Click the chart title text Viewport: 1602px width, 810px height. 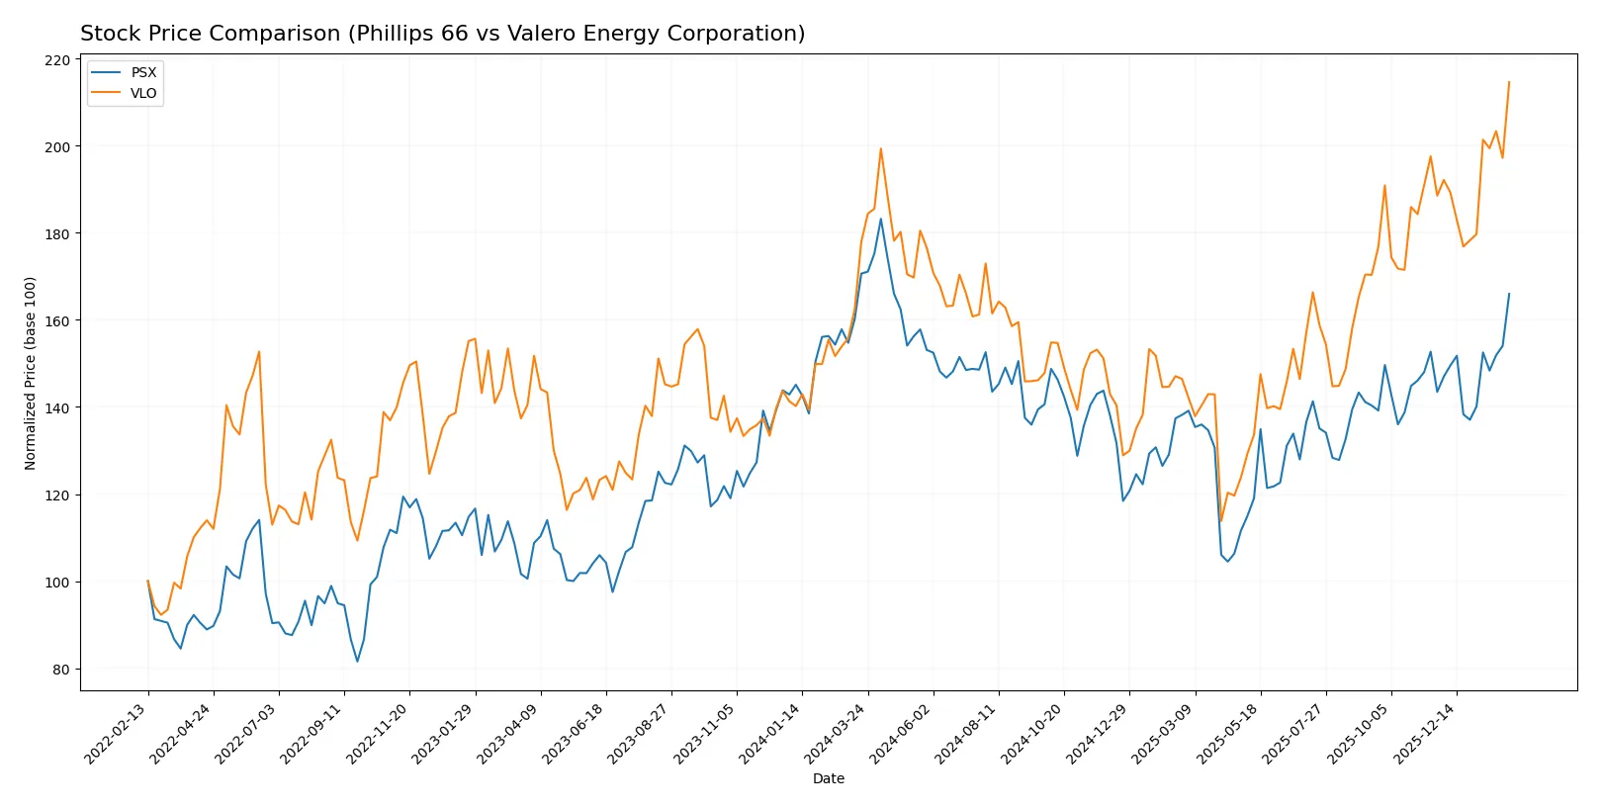[x=442, y=34]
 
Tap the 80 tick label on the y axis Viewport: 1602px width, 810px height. [x=61, y=670]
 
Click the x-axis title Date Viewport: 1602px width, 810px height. [x=828, y=779]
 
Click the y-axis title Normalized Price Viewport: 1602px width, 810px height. [x=31, y=373]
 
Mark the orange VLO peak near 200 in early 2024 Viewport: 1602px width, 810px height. [x=881, y=149]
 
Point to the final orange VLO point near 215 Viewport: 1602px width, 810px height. [x=1509, y=82]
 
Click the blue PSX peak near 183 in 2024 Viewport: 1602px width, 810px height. [x=881, y=220]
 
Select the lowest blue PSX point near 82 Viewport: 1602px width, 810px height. [x=357, y=661]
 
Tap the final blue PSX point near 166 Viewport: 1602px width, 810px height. [x=1509, y=294]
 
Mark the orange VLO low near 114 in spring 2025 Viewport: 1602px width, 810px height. [x=1221, y=520]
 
